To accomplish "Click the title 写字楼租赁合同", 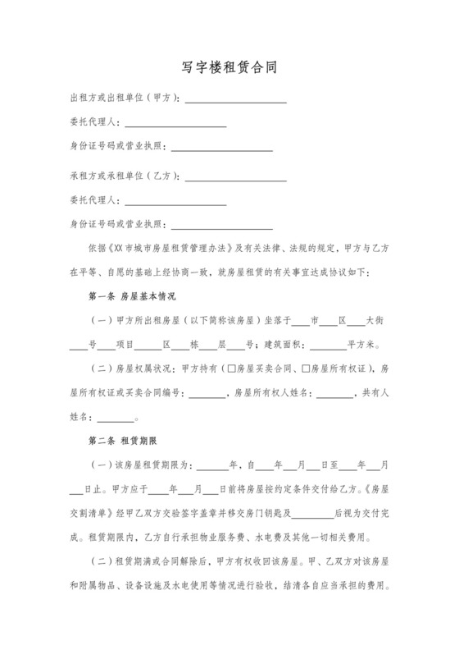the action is [229, 67].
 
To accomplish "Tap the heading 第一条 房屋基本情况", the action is [132, 296].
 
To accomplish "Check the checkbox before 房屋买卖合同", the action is [232, 369].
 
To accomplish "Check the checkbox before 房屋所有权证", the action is [306, 369].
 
